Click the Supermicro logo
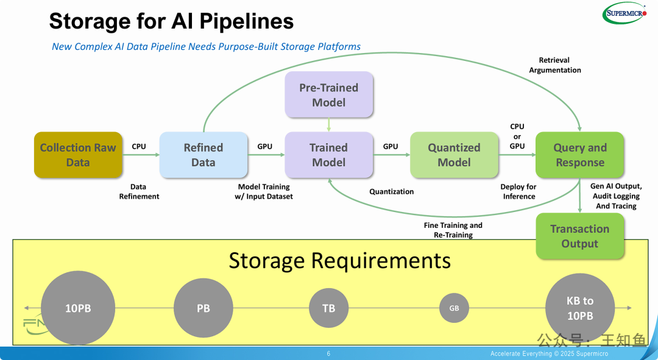point(624,13)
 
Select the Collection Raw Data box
point(78,155)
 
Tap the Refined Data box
point(203,155)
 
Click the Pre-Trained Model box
point(328,95)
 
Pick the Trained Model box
point(328,155)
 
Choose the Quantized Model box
point(454,155)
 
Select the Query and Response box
point(580,155)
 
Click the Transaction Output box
point(580,236)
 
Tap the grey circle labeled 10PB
point(78,308)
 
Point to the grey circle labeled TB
point(328,308)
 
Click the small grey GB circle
point(454,308)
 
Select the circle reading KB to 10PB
point(580,308)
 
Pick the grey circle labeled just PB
point(203,308)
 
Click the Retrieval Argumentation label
point(555,65)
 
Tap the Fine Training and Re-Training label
point(453,230)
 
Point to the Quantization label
point(392,192)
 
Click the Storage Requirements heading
point(339,261)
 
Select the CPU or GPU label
point(517,136)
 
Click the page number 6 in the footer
point(328,354)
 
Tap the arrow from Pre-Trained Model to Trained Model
point(328,125)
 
